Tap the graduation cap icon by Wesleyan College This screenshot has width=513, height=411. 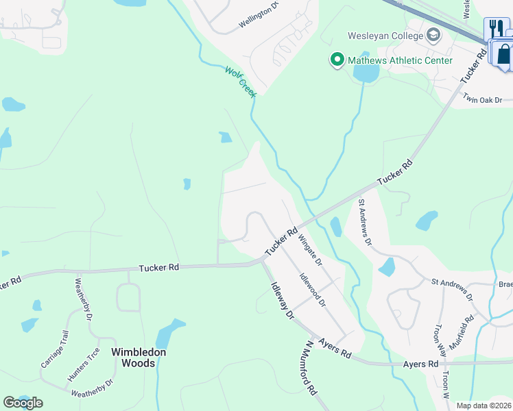click(433, 34)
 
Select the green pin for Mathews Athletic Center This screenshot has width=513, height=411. click(337, 60)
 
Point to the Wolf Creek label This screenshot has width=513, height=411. click(239, 80)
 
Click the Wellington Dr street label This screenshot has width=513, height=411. click(260, 20)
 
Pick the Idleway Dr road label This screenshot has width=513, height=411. click(282, 301)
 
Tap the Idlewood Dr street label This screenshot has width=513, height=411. click(312, 290)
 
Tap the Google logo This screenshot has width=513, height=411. click(23, 403)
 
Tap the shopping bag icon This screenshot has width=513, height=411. click(505, 54)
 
